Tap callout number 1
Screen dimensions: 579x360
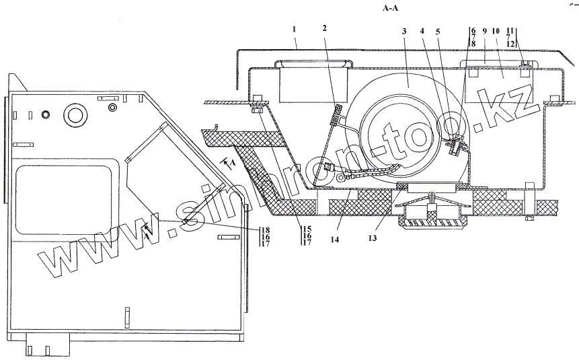point(294,29)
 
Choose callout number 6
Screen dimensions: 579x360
point(473,30)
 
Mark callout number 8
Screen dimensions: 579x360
point(473,44)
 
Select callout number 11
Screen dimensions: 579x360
point(511,30)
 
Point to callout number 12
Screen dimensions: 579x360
point(511,44)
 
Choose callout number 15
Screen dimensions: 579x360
point(306,228)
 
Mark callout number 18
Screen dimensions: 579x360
point(266,229)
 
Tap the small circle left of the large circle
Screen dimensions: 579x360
point(46,114)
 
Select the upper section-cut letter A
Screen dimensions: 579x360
point(231,163)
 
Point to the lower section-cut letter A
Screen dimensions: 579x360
point(147,236)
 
